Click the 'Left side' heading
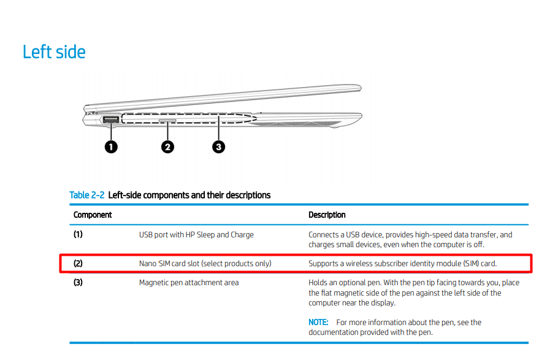coord(54,52)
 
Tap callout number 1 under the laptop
coord(111,147)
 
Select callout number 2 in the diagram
coord(167,147)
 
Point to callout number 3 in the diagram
coord(219,147)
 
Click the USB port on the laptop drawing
coord(110,120)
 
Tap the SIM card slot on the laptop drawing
coord(167,121)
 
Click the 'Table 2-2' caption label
coord(88,195)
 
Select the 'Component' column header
coord(93,215)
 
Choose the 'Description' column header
coord(327,215)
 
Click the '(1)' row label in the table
coord(78,234)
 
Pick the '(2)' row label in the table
coord(78,264)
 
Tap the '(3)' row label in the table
coord(78,283)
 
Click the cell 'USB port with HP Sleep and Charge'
coord(196,234)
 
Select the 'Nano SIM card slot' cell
coord(205,264)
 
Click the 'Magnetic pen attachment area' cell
coord(189,283)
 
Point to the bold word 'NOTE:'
coord(319,322)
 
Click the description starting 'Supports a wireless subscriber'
coord(402,264)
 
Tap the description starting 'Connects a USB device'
coord(410,239)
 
